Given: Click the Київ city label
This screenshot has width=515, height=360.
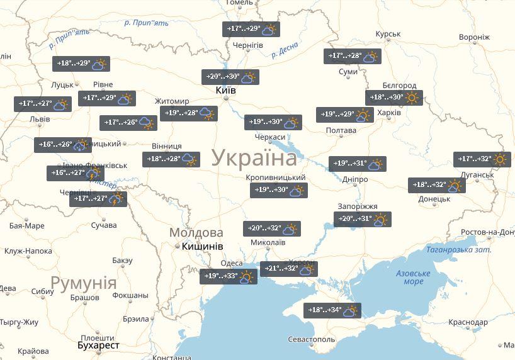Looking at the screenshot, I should (225, 91).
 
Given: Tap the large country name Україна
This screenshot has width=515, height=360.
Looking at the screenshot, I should (254, 157).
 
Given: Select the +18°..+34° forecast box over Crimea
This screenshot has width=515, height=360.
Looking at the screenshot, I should (332, 310).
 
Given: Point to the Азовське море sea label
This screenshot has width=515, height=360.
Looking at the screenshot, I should (413, 278).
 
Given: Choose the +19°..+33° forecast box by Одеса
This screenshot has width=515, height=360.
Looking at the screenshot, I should (229, 276).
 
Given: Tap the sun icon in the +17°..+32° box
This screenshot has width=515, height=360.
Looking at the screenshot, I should (500, 159).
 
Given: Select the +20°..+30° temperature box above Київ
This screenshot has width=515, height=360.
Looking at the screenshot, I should (230, 77).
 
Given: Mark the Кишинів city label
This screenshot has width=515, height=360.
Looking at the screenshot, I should (202, 247).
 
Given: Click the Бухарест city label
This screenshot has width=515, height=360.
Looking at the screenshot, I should (98, 346).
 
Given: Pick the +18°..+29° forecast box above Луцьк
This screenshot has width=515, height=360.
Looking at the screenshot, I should (81, 64).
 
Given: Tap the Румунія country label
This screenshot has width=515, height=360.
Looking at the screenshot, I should (84, 283).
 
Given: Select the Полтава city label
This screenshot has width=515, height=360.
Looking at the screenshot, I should (341, 131).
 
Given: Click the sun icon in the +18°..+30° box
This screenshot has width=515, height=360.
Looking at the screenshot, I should (412, 98).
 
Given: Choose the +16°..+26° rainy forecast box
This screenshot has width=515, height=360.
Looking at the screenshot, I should (63, 145).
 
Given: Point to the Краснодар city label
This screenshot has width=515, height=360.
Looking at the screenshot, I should (468, 322).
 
